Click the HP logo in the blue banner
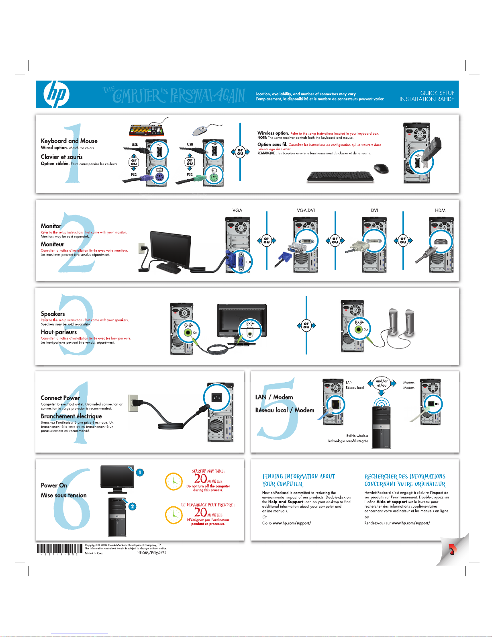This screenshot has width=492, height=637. click(x=56, y=94)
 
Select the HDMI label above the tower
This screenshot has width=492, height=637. click(x=441, y=211)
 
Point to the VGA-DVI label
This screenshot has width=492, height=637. click(x=306, y=211)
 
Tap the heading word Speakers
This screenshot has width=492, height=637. click(x=53, y=314)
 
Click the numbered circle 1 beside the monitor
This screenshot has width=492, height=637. click(x=139, y=472)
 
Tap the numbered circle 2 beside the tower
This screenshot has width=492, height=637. click(x=132, y=506)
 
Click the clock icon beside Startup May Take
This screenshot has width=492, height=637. click(x=174, y=481)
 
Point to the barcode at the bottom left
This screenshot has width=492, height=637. click(x=59, y=548)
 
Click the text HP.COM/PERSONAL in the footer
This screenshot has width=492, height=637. click(x=152, y=553)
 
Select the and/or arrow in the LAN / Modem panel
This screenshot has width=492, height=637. click(x=382, y=383)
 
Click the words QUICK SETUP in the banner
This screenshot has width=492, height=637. click(x=437, y=93)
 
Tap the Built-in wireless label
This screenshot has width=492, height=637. click(x=357, y=436)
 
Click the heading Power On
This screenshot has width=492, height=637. click(x=54, y=485)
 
